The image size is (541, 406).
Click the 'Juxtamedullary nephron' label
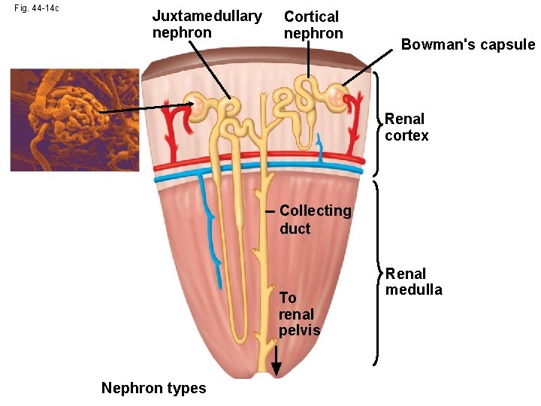click(207, 24)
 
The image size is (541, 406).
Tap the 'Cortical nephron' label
click(313, 25)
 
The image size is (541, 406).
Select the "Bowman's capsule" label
click(467, 44)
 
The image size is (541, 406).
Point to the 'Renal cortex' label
click(407, 127)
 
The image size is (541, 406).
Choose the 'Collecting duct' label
click(315, 220)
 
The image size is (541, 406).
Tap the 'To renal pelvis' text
click(299, 314)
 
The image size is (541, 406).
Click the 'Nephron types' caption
click(153, 388)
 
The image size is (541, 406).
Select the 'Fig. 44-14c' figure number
click(38, 8)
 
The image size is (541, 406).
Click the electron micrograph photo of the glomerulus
click(74, 120)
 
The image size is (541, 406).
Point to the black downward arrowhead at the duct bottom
click(277, 368)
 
